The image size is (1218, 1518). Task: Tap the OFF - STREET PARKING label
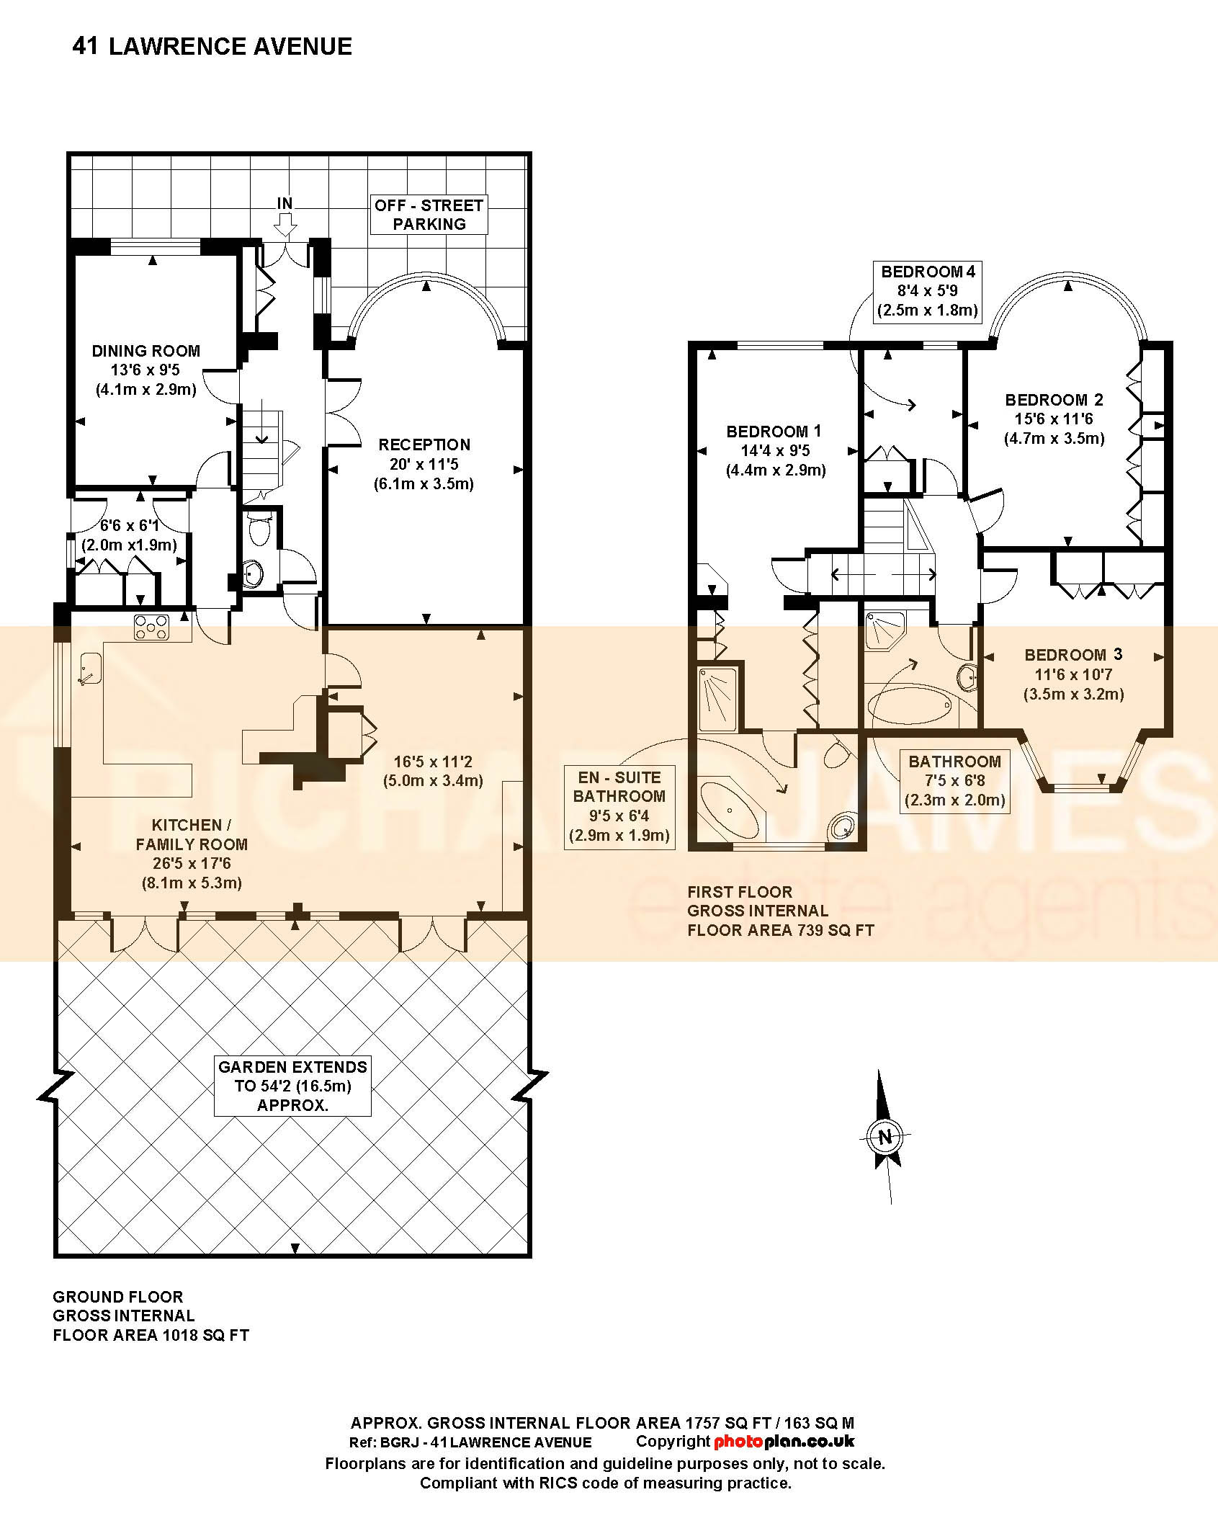click(429, 215)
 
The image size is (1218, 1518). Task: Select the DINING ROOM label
click(146, 351)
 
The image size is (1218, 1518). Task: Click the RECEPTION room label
click(424, 445)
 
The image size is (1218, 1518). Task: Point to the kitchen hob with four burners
click(151, 627)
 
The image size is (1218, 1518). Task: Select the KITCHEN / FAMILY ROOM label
click(192, 834)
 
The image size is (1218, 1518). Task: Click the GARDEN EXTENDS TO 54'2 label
click(293, 1086)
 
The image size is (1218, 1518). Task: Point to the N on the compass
click(885, 1138)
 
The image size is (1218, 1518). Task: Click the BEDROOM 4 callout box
click(928, 292)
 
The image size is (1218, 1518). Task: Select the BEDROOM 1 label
click(774, 432)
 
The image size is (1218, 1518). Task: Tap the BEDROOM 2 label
click(1054, 400)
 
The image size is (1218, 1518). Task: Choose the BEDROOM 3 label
click(1073, 655)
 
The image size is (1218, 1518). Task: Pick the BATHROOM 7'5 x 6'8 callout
click(955, 781)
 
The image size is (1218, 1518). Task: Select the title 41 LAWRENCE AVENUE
click(212, 47)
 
